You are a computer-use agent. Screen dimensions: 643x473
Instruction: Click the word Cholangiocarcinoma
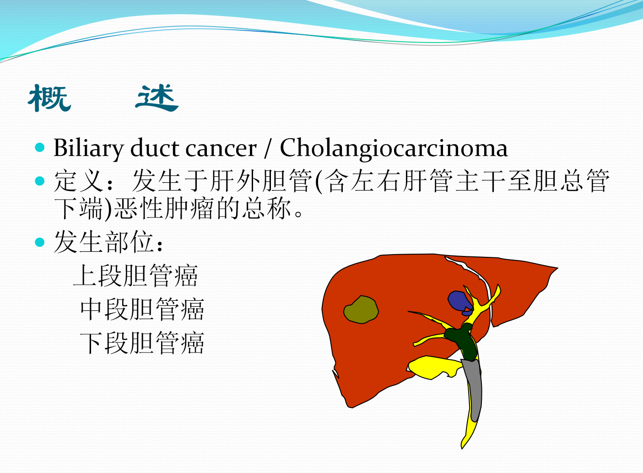click(x=394, y=149)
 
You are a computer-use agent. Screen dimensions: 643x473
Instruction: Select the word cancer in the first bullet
click(x=221, y=150)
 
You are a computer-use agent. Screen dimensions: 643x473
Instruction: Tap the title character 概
click(x=49, y=98)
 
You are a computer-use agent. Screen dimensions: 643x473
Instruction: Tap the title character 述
click(x=157, y=98)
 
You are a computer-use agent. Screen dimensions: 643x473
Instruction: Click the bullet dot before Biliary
click(x=40, y=147)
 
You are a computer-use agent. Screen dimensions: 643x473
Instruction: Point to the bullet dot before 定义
click(x=40, y=181)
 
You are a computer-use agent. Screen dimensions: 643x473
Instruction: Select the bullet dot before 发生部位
click(x=40, y=242)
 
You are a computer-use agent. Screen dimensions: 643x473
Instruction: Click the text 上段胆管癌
click(x=135, y=275)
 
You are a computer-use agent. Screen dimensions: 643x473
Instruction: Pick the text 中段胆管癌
click(x=142, y=309)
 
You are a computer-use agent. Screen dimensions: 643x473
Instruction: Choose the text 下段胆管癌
click(x=142, y=343)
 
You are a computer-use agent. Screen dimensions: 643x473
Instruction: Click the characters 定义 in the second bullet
click(x=79, y=181)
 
